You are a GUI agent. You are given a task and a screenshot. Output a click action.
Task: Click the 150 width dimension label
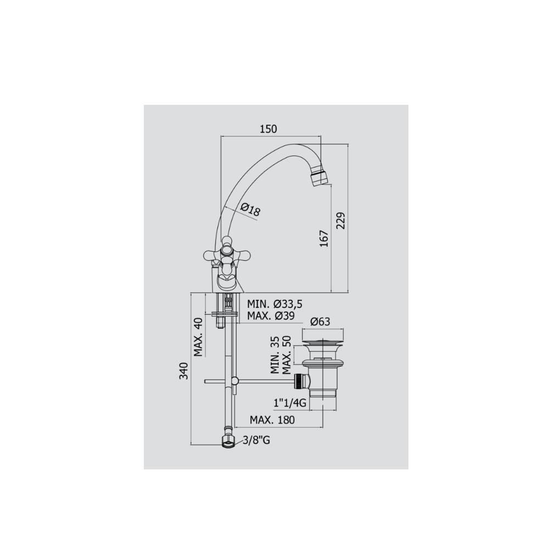(x=268, y=129)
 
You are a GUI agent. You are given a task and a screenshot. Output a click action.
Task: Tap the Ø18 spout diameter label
(x=250, y=209)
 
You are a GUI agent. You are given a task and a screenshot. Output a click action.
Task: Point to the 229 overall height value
(x=341, y=221)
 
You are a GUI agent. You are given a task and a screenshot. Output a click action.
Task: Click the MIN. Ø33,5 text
(x=274, y=304)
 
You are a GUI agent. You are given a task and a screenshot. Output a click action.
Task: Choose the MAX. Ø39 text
(x=271, y=316)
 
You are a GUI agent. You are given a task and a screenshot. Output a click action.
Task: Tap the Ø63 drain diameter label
(x=320, y=322)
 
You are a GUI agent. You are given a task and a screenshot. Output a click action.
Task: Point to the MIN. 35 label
(x=275, y=355)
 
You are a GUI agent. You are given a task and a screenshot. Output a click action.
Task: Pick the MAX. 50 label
(x=286, y=355)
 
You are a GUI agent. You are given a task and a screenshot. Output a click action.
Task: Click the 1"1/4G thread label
(x=289, y=404)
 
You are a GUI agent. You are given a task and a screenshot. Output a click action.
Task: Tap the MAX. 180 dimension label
(x=272, y=420)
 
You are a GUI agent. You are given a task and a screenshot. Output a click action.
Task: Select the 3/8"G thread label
(x=256, y=440)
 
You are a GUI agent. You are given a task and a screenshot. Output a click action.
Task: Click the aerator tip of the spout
(x=319, y=177)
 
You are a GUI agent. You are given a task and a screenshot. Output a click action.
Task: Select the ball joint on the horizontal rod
(x=235, y=380)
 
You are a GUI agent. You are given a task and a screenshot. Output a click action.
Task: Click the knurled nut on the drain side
(x=299, y=380)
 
